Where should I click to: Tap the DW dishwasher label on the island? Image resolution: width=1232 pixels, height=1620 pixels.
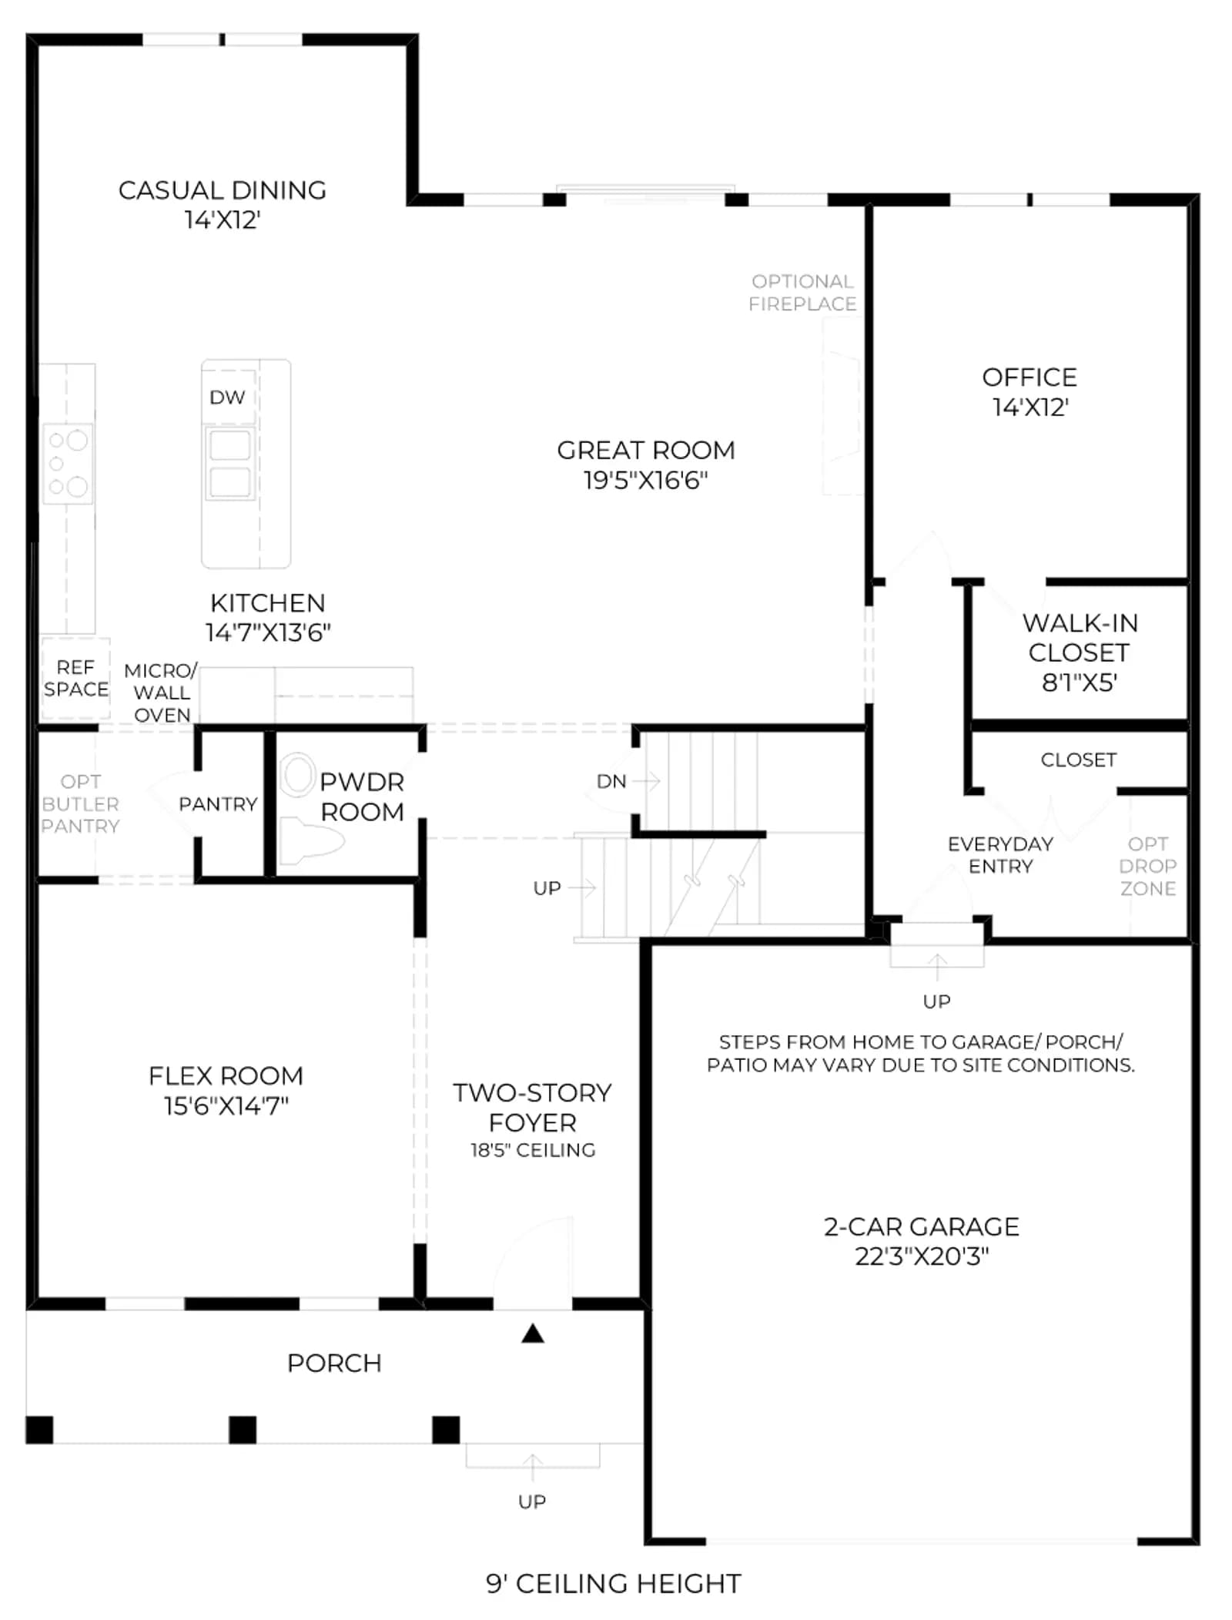pos(227,397)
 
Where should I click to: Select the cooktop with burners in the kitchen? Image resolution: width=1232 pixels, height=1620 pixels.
pos(68,463)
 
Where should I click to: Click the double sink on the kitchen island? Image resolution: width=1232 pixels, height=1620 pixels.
pos(229,464)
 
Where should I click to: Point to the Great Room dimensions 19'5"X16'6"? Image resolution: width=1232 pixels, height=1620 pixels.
pos(645,481)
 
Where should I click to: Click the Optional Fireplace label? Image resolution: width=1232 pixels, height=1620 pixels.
pos(802,293)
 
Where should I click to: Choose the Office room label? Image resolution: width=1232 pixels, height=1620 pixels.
pos(1029,377)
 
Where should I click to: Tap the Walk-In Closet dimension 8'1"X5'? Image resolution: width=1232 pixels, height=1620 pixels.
pos(1080,683)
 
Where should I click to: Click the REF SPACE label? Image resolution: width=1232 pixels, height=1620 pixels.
pos(75,678)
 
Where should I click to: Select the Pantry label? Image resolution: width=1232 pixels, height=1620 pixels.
pos(218,804)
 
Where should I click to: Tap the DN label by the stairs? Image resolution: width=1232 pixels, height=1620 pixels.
pos(611,781)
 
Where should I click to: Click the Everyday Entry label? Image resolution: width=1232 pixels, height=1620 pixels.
pos(1000,855)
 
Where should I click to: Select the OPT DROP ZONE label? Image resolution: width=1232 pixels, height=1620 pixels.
pos(1147,866)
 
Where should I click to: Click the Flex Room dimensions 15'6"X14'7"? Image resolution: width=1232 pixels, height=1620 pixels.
pos(226,1106)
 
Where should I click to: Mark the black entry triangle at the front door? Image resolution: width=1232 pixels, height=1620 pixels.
pos(533,1333)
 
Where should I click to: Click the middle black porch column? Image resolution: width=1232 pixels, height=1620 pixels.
pos(243,1430)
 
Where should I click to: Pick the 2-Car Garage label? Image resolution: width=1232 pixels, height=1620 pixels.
pos(921,1226)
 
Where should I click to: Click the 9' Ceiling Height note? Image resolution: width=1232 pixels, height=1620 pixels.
pos(613,1584)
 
